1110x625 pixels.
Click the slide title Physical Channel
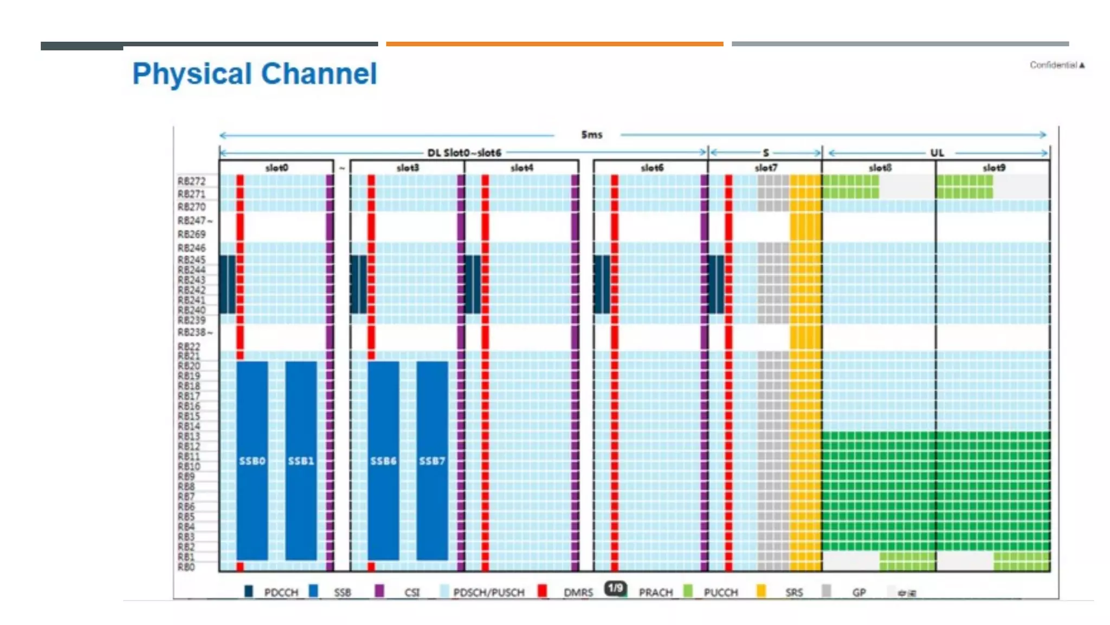point(254,74)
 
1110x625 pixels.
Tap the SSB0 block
point(252,461)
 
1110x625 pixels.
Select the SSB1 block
point(301,461)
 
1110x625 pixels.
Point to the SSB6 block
point(383,461)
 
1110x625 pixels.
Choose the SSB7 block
point(432,461)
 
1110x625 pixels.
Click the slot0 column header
point(276,168)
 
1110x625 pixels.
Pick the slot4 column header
point(521,168)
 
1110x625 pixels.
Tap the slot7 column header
point(765,168)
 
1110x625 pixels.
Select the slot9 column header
point(993,168)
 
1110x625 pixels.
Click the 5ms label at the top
point(591,135)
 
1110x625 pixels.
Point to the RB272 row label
point(191,181)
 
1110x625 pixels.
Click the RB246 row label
point(191,248)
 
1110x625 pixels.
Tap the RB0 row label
point(186,567)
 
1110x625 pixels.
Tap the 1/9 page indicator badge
point(615,588)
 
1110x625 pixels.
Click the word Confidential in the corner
point(1053,65)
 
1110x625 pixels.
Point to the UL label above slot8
point(937,153)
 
